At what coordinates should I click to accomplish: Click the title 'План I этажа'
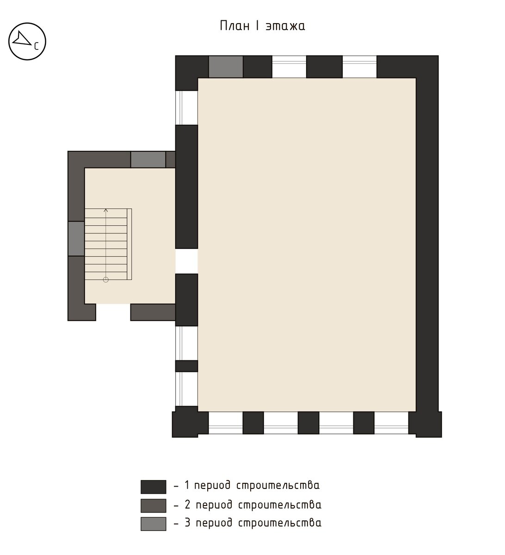point(262,26)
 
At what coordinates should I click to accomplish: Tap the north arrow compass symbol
point(27,42)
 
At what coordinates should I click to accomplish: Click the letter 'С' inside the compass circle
point(36,47)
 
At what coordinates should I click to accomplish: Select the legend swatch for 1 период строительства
point(153,487)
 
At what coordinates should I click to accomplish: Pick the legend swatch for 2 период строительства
point(153,506)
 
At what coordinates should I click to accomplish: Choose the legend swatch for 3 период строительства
point(153,524)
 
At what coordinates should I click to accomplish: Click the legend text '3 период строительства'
point(253,523)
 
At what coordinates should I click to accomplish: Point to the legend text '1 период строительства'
point(252,486)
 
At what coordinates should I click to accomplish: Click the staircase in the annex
point(108,244)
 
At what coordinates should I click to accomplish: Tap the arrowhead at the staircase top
point(106,210)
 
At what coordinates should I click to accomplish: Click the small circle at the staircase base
point(106,280)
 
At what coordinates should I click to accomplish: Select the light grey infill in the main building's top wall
point(226,67)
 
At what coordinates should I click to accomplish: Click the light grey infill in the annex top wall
point(148,160)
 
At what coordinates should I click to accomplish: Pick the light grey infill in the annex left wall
point(76,239)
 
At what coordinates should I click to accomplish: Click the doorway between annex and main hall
point(186,261)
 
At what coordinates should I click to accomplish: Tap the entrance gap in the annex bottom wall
point(113,312)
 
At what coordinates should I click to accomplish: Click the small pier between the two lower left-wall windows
point(186,366)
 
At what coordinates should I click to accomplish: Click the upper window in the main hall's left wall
point(186,108)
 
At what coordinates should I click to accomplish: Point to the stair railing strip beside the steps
point(129,244)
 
